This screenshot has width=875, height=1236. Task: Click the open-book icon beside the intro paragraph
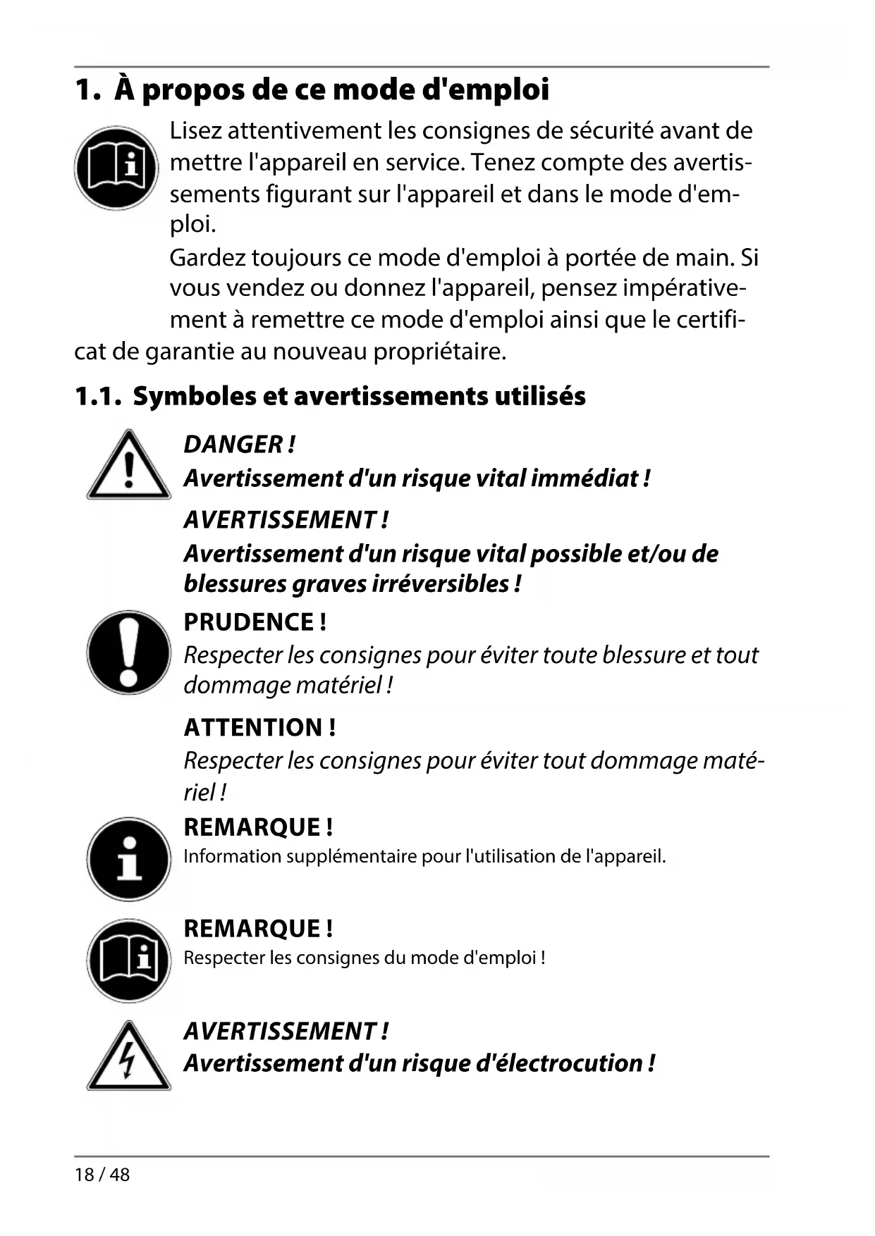pos(116,168)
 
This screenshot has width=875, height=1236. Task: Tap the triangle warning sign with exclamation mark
pos(128,465)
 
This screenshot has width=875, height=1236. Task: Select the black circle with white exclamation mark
pos(128,652)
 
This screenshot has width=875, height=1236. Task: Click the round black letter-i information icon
pos(128,858)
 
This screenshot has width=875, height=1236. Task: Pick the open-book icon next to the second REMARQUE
pos(128,960)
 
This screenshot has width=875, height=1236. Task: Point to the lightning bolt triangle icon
pos(128,1057)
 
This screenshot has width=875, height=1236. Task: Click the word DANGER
pos(233,445)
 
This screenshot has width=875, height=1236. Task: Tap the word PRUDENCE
pos(248,622)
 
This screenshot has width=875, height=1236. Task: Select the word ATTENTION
pos(252,727)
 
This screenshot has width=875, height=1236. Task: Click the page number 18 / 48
pos(102,1175)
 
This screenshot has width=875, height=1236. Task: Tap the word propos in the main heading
pos(186,90)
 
